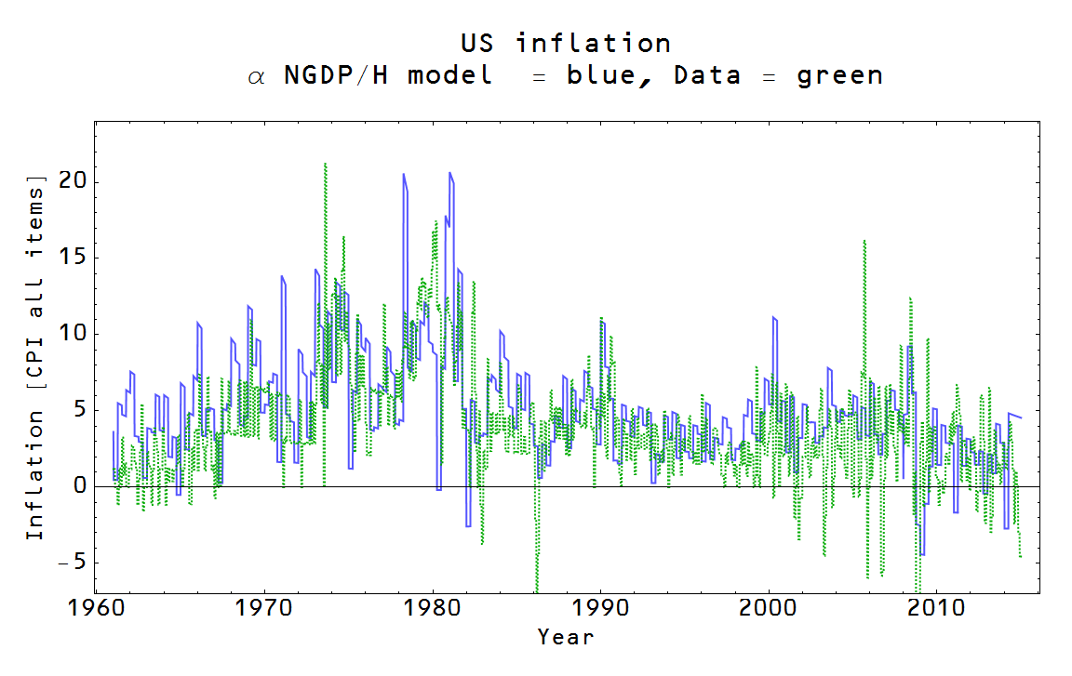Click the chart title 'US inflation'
(x=565, y=43)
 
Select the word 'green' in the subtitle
(x=839, y=75)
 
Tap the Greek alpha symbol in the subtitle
(x=256, y=77)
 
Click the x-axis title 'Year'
(x=565, y=637)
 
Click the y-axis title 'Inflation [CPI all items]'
(x=34, y=356)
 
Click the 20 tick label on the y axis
(x=73, y=180)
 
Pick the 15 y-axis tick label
(x=73, y=257)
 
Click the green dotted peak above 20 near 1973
(x=325, y=165)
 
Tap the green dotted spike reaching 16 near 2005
(x=864, y=241)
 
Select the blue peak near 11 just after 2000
(x=774, y=318)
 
